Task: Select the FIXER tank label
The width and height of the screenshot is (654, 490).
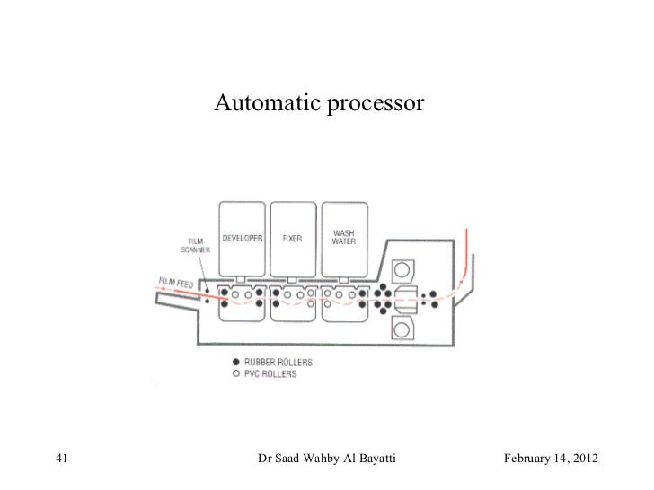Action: pos(292,240)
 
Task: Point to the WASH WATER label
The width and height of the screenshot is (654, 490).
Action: pos(342,239)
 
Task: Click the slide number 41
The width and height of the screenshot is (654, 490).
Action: pos(62,460)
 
